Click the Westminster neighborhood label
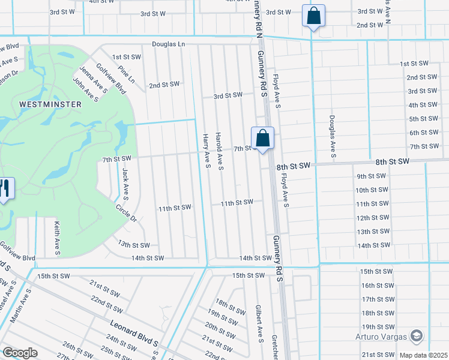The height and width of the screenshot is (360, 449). pos(50,104)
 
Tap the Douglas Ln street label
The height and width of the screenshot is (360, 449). pos(169,44)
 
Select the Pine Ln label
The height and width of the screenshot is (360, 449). pos(127,75)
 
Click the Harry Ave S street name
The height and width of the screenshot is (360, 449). pos(206,151)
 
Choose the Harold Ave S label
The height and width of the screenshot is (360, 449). pos(220,151)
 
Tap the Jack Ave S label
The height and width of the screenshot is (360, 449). pos(126,183)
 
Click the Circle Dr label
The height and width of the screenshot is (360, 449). pos(127,214)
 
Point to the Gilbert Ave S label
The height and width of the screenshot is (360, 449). pos(260,325)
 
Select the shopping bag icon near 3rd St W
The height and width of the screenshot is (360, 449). pos(314,16)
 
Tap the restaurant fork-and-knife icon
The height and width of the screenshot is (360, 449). pos(4,190)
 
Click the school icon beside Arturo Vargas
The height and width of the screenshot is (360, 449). pos(417,335)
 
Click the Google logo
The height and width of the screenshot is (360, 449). pos(20,353)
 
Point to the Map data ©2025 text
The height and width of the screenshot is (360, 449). pos(423,355)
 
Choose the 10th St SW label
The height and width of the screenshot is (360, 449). pos(370,190)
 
